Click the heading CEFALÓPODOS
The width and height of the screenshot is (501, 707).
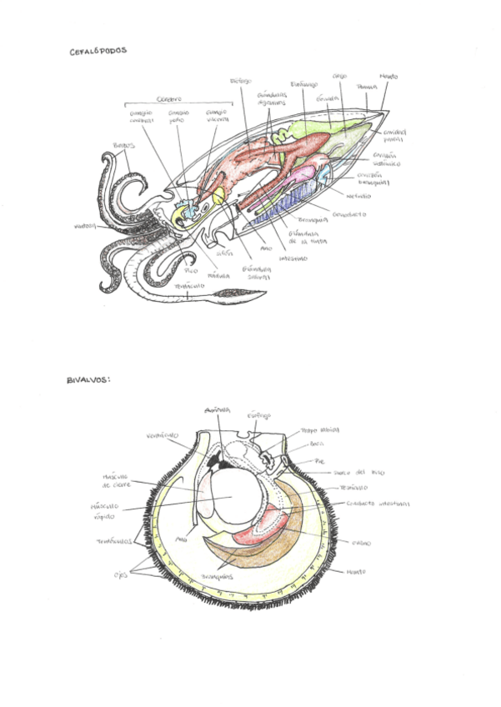coord(98,51)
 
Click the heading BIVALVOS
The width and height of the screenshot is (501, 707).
coord(88,380)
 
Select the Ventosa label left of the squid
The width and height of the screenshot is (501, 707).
coord(85,225)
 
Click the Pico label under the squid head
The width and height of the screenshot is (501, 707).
coord(191,271)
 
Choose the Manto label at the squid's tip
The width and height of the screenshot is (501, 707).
coord(388,78)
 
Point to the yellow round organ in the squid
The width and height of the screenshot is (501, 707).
coord(219,195)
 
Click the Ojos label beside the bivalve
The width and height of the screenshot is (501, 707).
coord(121,574)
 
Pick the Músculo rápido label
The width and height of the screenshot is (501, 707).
coord(105,510)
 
